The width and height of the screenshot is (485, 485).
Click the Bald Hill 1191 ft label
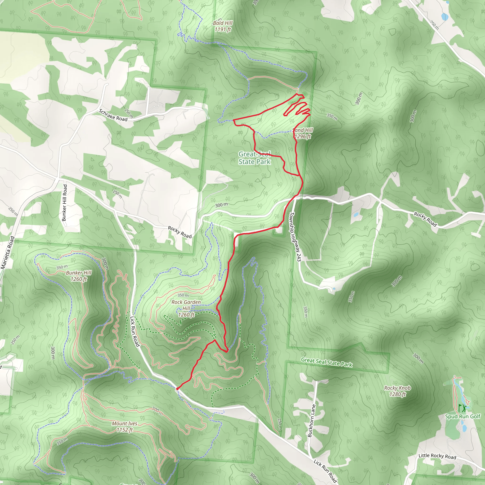tap(223, 26)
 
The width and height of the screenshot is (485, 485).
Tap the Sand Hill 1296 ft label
tap(303, 133)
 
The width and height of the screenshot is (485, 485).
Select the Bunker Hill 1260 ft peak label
tap(79, 276)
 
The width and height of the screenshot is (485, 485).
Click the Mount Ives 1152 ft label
tap(125, 427)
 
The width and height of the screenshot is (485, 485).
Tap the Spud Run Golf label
tap(463, 417)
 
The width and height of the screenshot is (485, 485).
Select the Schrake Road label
tap(113, 115)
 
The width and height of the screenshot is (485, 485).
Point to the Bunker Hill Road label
tap(65, 203)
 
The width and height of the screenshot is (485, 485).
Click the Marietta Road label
tap(8, 252)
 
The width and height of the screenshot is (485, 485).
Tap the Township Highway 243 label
tap(295, 237)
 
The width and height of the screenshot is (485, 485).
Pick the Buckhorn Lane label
tap(312, 421)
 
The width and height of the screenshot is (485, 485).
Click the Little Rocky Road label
tap(437, 456)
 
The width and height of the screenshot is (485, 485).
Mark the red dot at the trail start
tap(177, 389)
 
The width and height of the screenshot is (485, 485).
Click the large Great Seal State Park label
tap(254, 158)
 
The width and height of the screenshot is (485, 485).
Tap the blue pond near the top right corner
tap(444, 17)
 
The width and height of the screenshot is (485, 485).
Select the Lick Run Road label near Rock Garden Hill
tap(135, 331)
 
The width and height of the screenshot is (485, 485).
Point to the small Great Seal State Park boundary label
tap(327, 362)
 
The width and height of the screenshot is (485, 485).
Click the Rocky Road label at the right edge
tap(425, 219)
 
